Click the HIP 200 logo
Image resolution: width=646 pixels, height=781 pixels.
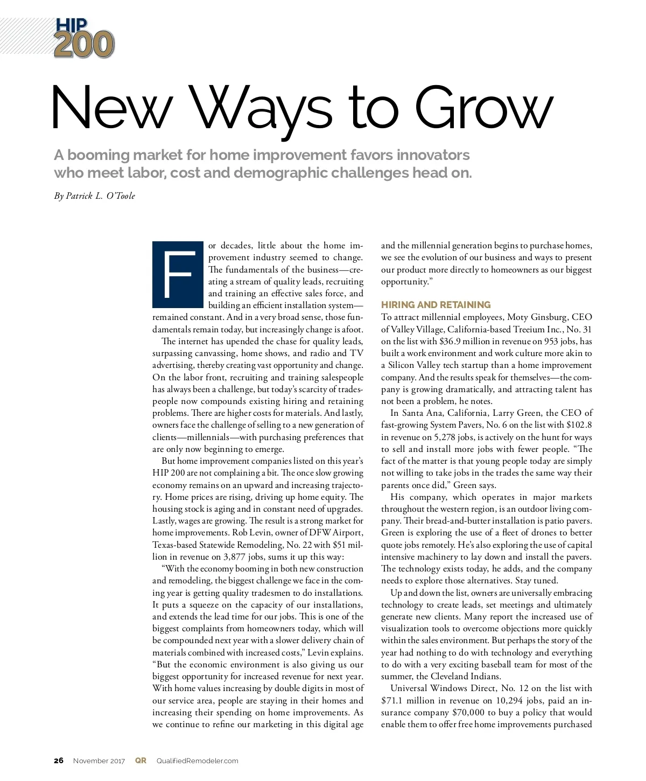pyautogui.click(x=84, y=38)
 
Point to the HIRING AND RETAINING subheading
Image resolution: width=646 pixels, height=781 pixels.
pyautogui.click(x=436, y=305)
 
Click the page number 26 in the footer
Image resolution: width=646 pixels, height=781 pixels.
pyautogui.click(x=59, y=761)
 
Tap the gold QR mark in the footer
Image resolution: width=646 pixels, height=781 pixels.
pyautogui.click(x=141, y=761)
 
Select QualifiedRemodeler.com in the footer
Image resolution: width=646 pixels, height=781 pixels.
pyautogui.click(x=197, y=761)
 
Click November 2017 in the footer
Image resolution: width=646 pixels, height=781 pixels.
pyautogui.click(x=99, y=761)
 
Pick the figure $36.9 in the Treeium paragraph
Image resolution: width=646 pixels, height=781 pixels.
pyautogui.click(x=451, y=341)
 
